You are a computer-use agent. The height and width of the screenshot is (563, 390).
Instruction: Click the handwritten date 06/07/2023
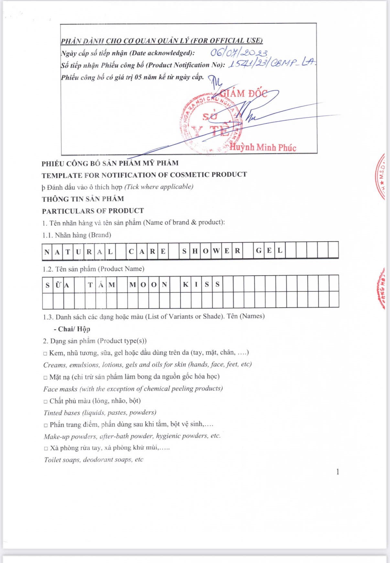pyautogui.click(x=239, y=52)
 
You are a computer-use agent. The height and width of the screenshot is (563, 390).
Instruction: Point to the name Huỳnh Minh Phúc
pyautogui.click(x=263, y=148)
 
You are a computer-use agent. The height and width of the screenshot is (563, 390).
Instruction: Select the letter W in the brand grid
pyautogui.click(x=216, y=251)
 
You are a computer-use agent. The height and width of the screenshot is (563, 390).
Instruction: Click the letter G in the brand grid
pyautogui.click(x=259, y=251)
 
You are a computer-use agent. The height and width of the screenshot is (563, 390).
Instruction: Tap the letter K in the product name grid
pyautogui.click(x=185, y=285)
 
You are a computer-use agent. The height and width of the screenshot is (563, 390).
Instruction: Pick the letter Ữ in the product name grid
pyautogui.click(x=58, y=285)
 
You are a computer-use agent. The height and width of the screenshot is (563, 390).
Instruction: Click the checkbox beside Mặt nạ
pyautogui.click(x=46, y=377)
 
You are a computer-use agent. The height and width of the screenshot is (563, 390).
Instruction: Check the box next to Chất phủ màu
pyautogui.click(x=46, y=401)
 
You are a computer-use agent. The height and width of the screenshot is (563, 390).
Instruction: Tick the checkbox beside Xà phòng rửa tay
pyautogui.click(x=46, y=449)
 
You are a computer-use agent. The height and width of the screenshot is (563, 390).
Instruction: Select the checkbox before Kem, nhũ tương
pyautogui.click(x=45, y=354)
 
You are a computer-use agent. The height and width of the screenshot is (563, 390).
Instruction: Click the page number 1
pyautogui.click(x=338, y=472)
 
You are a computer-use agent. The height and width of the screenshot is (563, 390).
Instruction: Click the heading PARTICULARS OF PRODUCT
pyautogui.click(x=93, y=211)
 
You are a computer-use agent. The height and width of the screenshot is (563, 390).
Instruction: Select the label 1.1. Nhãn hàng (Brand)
pyautogui.click(x=77, y=235)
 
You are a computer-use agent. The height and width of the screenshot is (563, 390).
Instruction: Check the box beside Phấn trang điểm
pyautogui.click(x=46, y=425)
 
